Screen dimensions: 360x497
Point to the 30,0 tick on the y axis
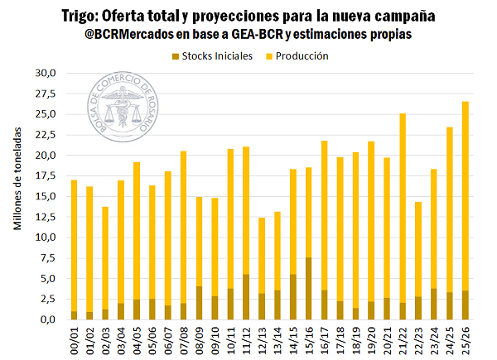pos(44,73)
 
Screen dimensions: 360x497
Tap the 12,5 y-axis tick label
pos(44,217)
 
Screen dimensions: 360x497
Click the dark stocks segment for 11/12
pos(246,296)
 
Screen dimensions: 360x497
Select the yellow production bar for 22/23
pos(418,249)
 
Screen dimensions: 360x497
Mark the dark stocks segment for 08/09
pos(199,303)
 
